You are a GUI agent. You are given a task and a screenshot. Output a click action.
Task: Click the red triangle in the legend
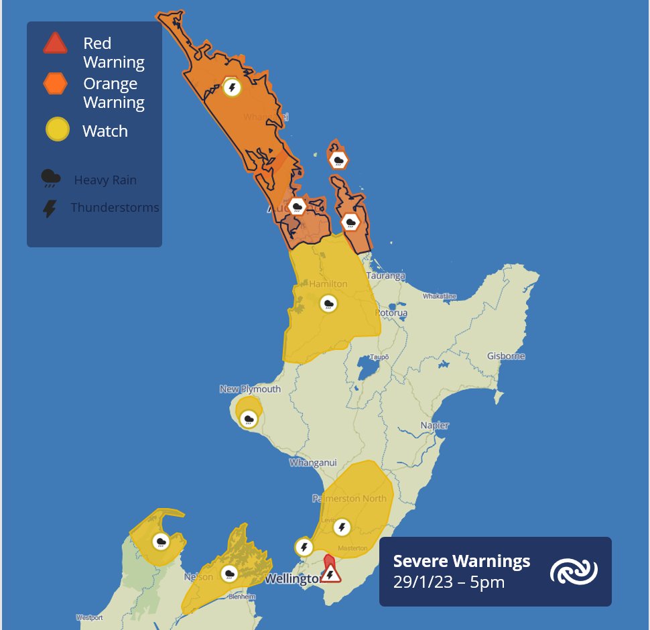pyautogui.click(x=55, y=44)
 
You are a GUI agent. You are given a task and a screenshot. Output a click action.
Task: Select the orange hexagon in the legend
pyautogui.click(x=55, y=84)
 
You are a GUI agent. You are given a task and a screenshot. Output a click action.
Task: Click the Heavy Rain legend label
pyautogui.click(x=105, y=180)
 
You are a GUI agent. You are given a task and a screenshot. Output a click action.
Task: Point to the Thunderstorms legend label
pyautogui.click(x=115, y=207)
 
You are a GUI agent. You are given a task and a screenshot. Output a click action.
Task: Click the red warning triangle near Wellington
pyautogui.click(x=329, y=573)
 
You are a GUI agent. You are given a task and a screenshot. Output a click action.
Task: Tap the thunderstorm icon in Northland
pyautogui.click(x=232, y=87)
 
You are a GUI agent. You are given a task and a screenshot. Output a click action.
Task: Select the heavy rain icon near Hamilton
pyautogui.click(x=328, y=304)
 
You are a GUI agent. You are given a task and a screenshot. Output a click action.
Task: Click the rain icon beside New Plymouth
pyautogui.click(x=249, y=420)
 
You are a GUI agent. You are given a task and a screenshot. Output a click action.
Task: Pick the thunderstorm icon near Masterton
pyautogui.click(x=342, y=527)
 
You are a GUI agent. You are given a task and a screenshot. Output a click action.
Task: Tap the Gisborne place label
pyautogui.click(x=506, y=356)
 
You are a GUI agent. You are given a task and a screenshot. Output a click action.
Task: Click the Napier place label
pyautogui.click(x=434, y=425)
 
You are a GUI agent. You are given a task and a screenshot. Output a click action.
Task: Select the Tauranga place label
pyautogui.click(x=385, y=275)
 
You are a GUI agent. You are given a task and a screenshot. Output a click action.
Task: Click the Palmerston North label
pyautogui.click(x=349, y=499)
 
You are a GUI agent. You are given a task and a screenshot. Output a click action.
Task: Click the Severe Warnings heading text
pyautogui.click(x=461, y=561)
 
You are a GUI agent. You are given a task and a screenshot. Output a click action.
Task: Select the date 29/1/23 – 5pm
pyautogui.click(x=448, y=582)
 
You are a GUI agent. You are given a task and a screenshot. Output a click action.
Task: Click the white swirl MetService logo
pyautogui.click(x=574, y=572)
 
